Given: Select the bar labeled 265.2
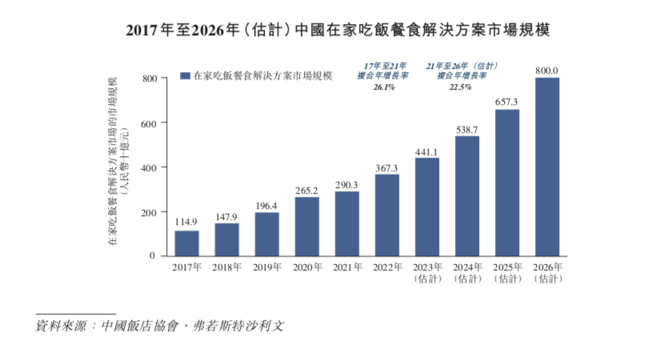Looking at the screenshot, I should [x=306, y=226].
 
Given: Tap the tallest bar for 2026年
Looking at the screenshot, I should [x=546, y=166].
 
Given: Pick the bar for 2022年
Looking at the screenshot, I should [x=386, y=215].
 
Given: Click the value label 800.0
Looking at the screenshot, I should [x=546, y=71].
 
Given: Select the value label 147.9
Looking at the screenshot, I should [x=226, y=217].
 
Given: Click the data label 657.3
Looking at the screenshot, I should [x=506, y=102].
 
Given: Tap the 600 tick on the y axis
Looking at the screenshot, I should [x=149, y=122].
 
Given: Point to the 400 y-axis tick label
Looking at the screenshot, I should [x=149, y=167].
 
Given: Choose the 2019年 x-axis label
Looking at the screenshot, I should [x=266, y=267].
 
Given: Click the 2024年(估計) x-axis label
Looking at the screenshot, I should [x=466, y=273].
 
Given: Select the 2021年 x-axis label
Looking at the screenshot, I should [x=346, y=267].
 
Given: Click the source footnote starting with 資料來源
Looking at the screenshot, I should [x=159, y=326].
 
